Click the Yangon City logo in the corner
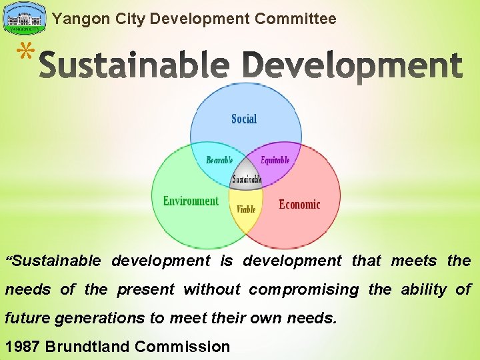tap(25, 19)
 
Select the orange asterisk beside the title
tap(24, 54)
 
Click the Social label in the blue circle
tap(244, 119)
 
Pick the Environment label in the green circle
tap(191, 201)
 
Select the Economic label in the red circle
tap(299, 205)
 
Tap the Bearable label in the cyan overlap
tap(219, 160)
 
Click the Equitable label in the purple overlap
tap(275, 160)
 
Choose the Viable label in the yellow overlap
tap(246, 209)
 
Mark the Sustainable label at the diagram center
tap(247, 179)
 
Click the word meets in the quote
tap(413, 261)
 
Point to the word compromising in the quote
tap(304, 289)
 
